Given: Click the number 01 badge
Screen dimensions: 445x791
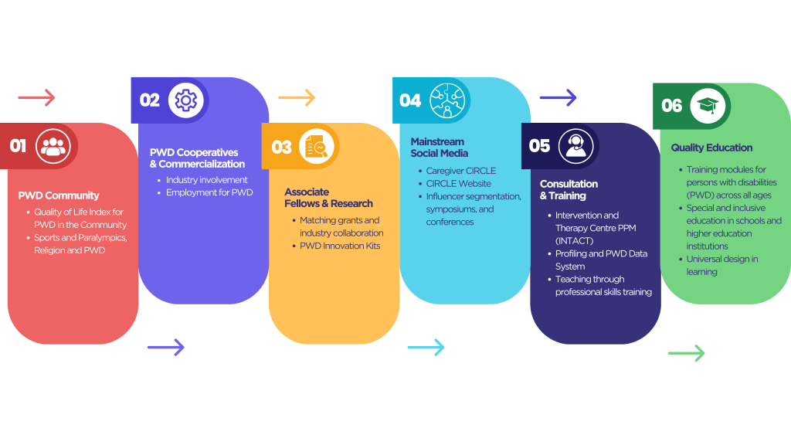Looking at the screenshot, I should click(18, 146).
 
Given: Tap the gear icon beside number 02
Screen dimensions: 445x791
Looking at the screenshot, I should click(186, 100).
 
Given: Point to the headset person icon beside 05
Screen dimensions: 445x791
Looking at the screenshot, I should click(575, 146).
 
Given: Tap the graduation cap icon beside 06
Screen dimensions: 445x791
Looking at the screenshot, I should click(706, 105).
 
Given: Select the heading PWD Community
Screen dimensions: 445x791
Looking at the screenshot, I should click(59, 195).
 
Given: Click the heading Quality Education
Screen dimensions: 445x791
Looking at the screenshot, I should click(711, 148).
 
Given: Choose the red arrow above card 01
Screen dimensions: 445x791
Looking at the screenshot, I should click(36, 97).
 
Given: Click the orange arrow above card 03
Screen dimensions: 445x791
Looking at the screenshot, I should click(297, 97).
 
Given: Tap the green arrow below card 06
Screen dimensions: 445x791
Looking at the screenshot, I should click(686, 353).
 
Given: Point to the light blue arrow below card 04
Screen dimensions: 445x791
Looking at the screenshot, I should click(426, 347).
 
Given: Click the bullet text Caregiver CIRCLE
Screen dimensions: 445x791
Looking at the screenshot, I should click(461, 171).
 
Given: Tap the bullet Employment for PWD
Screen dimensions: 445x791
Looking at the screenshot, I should click(209, 192).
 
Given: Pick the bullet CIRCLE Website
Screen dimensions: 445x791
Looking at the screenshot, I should click(459, 184).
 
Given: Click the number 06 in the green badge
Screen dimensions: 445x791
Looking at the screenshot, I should click(672, 106).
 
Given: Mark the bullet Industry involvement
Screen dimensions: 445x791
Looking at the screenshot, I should click(206, 180).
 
